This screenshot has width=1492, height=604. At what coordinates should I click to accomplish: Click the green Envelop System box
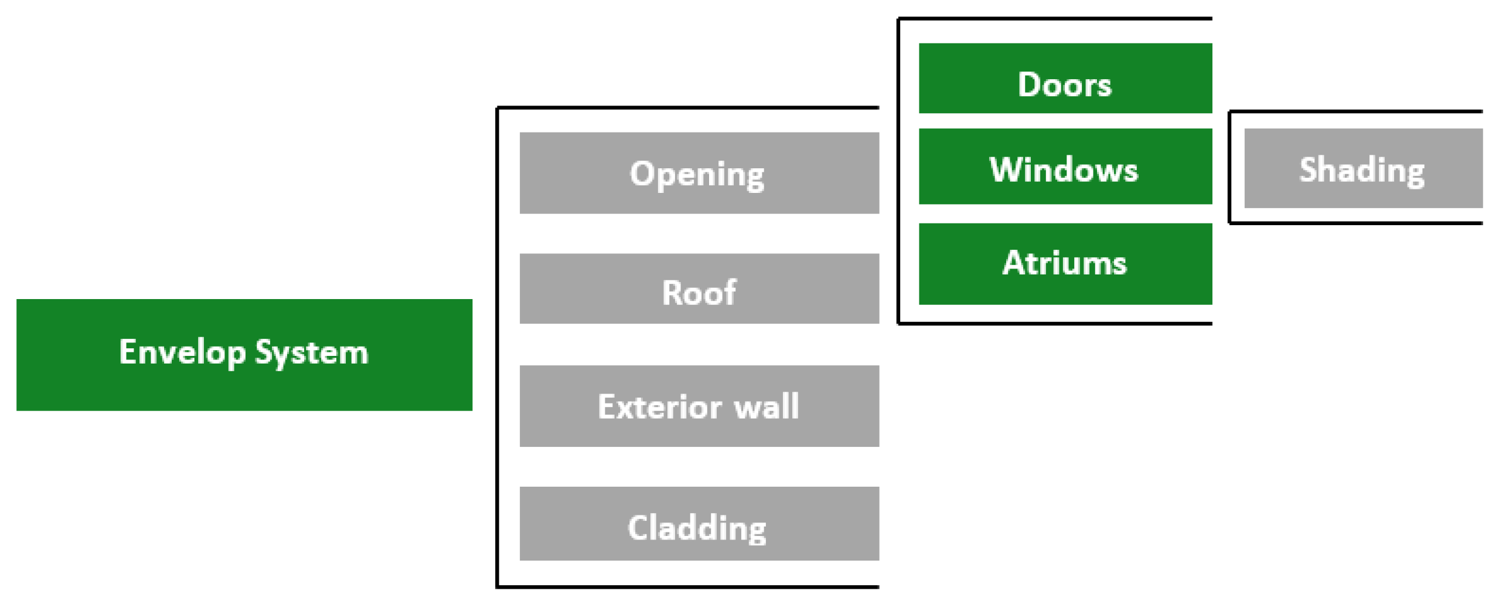coord(244,355)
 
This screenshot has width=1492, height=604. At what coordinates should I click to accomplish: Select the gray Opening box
coord(699,173)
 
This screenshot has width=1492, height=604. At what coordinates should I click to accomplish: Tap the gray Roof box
coord(699,289)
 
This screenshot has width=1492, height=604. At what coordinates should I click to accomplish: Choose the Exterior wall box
coord(699,406)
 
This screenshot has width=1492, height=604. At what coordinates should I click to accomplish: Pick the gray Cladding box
coord(699,524)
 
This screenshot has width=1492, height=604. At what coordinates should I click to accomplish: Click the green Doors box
coord(1065,78)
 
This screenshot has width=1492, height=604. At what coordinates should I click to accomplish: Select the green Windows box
coord(1065,167)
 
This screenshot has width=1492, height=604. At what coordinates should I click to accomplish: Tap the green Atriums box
coord(1065,264)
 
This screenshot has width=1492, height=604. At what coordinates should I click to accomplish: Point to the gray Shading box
coord(1362,169)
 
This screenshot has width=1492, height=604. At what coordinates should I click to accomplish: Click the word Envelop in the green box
coord(182,353)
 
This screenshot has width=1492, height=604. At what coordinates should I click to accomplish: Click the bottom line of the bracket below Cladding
coord(686,587)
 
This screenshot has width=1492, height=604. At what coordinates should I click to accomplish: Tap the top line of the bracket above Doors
coord(1055,19)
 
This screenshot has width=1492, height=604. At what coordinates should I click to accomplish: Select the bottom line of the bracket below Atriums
coord(1055,323)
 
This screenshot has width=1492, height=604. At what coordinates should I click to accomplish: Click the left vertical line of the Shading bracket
coord(1230,167)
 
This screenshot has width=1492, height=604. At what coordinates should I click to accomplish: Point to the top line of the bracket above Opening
coord(686,108)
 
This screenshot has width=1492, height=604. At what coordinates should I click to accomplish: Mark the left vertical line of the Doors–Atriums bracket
coord(899,170)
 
